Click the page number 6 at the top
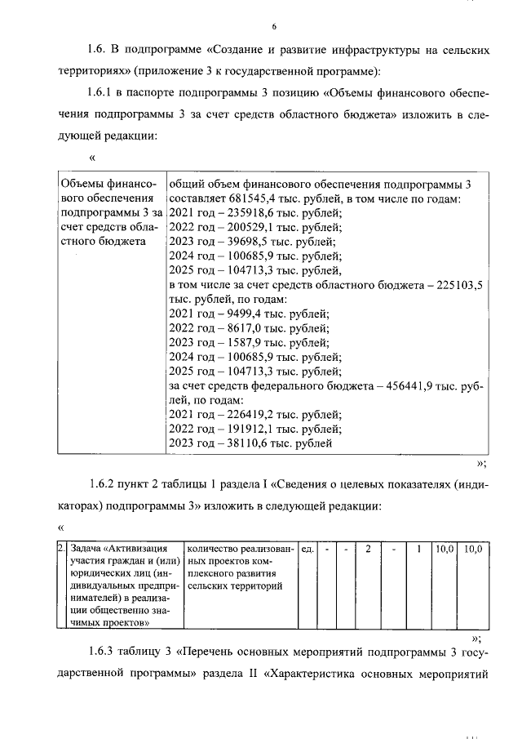coord(263,26)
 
